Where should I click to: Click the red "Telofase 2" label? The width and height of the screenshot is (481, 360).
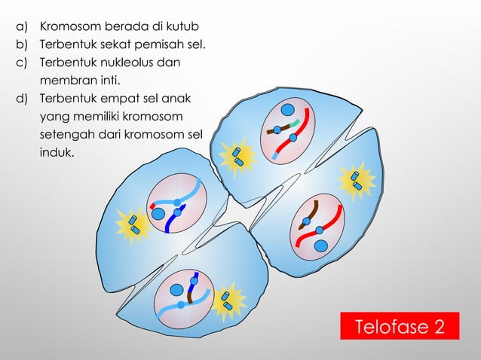(400, 328)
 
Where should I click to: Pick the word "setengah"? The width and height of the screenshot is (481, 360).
(65, 136)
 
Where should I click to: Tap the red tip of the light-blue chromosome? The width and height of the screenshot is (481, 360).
(153, 204)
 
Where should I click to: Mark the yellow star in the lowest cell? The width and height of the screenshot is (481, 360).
(225, 302)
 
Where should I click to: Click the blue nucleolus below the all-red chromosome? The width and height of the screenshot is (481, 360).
(320, 246)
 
